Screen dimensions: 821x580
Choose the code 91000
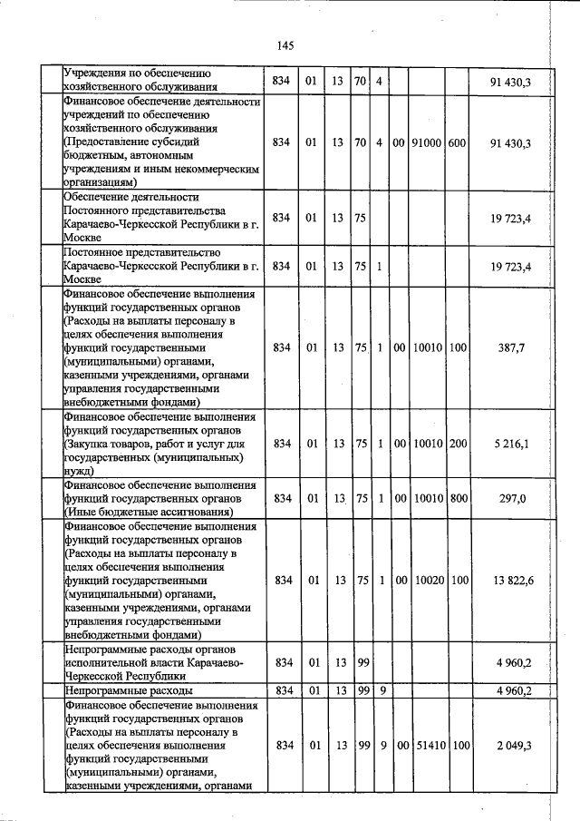click(427, 143)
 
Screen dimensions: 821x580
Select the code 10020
click(427, 580)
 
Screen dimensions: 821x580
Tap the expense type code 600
click(458, 143)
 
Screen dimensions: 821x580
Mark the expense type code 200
click(458, 444)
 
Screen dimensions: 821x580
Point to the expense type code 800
click(458, 498)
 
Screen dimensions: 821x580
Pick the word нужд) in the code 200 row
click(80, 472)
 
